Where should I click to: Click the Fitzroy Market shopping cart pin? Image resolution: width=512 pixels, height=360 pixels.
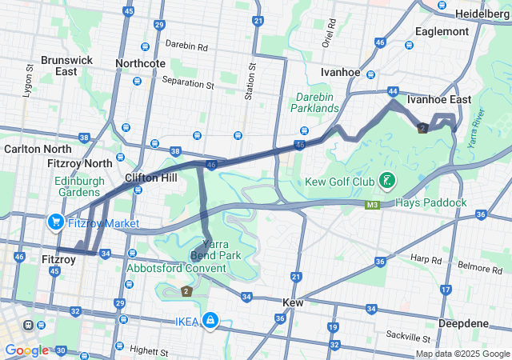[56, 222]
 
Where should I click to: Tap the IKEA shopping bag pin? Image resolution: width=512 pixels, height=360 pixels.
[210, 320]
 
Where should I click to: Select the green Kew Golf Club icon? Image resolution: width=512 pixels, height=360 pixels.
[387, 181]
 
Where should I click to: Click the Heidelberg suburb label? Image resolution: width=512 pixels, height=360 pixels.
[483, 14]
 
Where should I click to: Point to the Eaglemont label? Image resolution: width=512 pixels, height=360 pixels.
[442, 32]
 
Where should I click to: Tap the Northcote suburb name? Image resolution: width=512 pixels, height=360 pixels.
[140, 63]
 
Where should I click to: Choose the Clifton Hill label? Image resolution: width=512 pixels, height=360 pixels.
[151, 178]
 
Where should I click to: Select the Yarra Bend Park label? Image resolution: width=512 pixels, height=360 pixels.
[226, 249]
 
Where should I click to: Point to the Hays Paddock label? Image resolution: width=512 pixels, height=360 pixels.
[430, 203]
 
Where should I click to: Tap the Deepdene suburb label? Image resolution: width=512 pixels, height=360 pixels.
[465, 322]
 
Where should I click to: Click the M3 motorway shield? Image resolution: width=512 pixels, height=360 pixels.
[372, 205]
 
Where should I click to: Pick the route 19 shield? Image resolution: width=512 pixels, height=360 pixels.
[332, 327]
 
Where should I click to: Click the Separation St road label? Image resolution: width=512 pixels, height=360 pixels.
[188, 82]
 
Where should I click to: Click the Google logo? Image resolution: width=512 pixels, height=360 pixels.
[26, 350]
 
